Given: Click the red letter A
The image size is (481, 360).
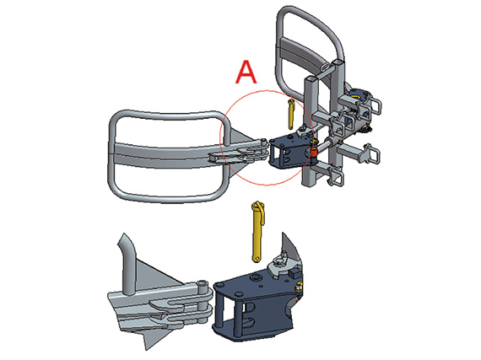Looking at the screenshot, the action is pos(246,72).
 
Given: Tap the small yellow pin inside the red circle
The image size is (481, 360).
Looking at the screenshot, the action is pos(291,115).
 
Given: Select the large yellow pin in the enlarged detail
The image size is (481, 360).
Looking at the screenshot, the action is pos(257,231).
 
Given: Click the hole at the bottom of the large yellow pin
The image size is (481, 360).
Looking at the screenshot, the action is pos(257,259).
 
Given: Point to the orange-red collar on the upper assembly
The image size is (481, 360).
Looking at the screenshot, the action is pos(313,152).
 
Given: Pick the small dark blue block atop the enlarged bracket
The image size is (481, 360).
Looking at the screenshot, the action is pos(295,272).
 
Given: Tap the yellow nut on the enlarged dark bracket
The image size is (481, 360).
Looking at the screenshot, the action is pos(298,287).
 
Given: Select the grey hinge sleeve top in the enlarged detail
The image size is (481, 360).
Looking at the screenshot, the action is pos(203,285).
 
